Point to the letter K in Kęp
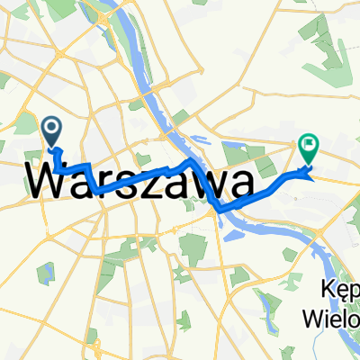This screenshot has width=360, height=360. click(x=325, y=290)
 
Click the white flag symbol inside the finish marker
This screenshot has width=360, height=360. click(x=309, y=142)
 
